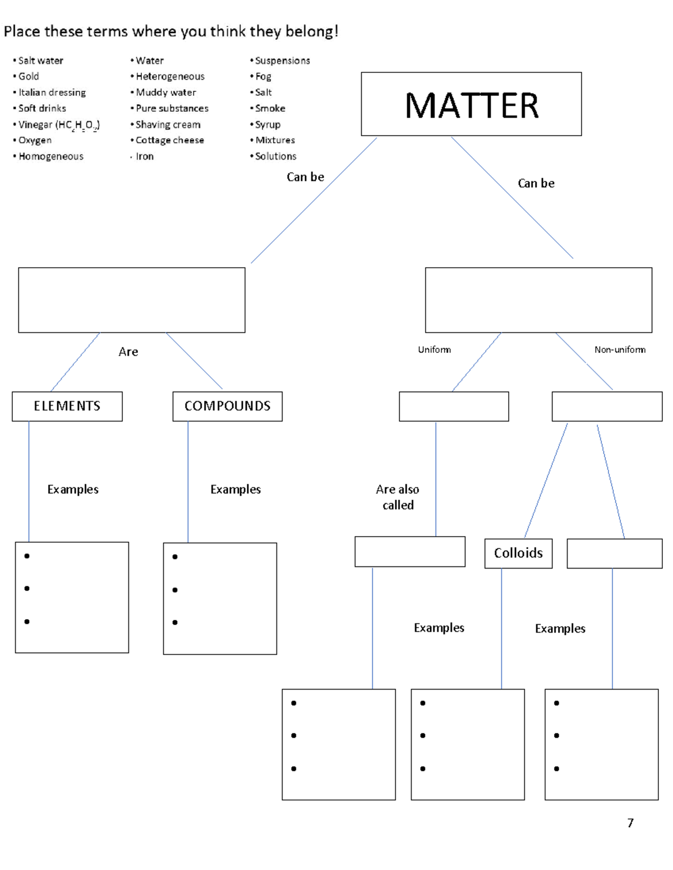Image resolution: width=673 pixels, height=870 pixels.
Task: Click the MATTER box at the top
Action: coord(471,104)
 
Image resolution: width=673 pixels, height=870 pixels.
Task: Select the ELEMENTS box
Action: coord(67,406)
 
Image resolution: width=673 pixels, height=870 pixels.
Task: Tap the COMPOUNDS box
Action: coord(227,406)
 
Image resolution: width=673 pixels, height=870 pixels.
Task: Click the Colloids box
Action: coord(518,553)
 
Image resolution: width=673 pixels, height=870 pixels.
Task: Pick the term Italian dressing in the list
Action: coord(52,92)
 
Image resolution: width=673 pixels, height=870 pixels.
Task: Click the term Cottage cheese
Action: coord(169,140)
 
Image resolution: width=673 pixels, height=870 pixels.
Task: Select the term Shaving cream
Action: coord(168,124)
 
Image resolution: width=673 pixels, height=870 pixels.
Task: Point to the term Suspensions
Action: coord(282,61)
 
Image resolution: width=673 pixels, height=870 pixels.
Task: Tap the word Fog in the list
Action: coord(263,76)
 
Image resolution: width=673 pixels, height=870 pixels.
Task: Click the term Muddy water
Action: coord(165,92)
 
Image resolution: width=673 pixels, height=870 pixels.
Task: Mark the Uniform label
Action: coord(434,350)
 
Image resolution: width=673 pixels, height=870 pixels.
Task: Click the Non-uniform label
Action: coord(620,350)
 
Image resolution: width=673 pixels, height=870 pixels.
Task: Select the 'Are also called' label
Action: coord(398,497)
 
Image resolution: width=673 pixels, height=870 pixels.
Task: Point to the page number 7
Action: coord(630,822)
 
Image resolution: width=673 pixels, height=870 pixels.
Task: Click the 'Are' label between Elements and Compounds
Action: coord(128,352)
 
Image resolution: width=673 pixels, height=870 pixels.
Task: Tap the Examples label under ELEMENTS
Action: coord(73,490)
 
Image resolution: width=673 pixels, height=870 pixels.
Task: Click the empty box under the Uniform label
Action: coord(454,406)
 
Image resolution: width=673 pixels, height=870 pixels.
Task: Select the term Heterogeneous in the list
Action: coord(170,76)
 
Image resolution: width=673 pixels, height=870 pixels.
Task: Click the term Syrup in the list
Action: coord(268,124)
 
